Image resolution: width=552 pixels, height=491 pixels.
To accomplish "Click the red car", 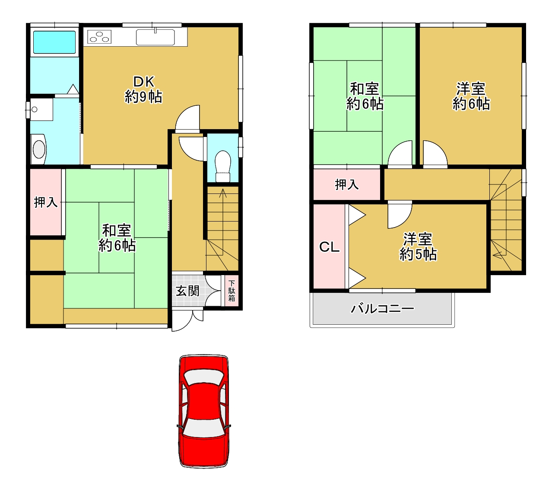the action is [203, 411].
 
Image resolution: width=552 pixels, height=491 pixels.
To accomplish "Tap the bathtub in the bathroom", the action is [54, 42].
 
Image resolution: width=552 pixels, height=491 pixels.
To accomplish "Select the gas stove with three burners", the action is [99, 37].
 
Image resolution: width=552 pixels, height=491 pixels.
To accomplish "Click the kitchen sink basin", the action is [155, 37].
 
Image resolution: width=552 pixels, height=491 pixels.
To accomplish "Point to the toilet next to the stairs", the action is [223, 166].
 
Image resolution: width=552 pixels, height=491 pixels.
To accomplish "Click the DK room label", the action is [143, 89].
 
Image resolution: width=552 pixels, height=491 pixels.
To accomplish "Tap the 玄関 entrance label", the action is [187, 291].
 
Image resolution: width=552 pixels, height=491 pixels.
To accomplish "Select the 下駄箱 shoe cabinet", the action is [232, 291].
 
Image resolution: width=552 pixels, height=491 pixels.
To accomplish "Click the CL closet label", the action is [329, 247].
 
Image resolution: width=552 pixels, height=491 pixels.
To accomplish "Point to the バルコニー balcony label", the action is [382, 309].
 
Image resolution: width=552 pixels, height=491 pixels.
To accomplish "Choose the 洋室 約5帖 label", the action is [418, 247].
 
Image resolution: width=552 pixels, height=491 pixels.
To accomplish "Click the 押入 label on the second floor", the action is [346, 184].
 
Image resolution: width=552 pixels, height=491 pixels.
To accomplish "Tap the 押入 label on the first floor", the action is [45, 202].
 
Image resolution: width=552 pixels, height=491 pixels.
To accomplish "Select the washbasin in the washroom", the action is [38, 149].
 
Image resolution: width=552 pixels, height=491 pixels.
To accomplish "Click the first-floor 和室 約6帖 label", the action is [117, 238].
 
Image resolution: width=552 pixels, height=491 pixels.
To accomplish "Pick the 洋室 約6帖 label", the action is [471, 96].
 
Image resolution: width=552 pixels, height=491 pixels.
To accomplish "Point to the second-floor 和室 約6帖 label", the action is [365, 96].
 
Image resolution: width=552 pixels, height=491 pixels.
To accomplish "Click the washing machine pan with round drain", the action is [41, 109].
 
